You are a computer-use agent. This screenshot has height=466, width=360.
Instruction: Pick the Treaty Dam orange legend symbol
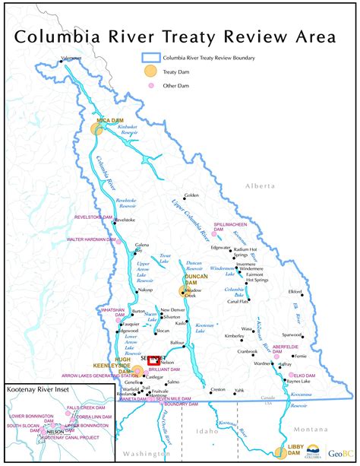coord(152,71)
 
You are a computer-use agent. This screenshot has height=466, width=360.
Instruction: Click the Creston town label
coord(218,389)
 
